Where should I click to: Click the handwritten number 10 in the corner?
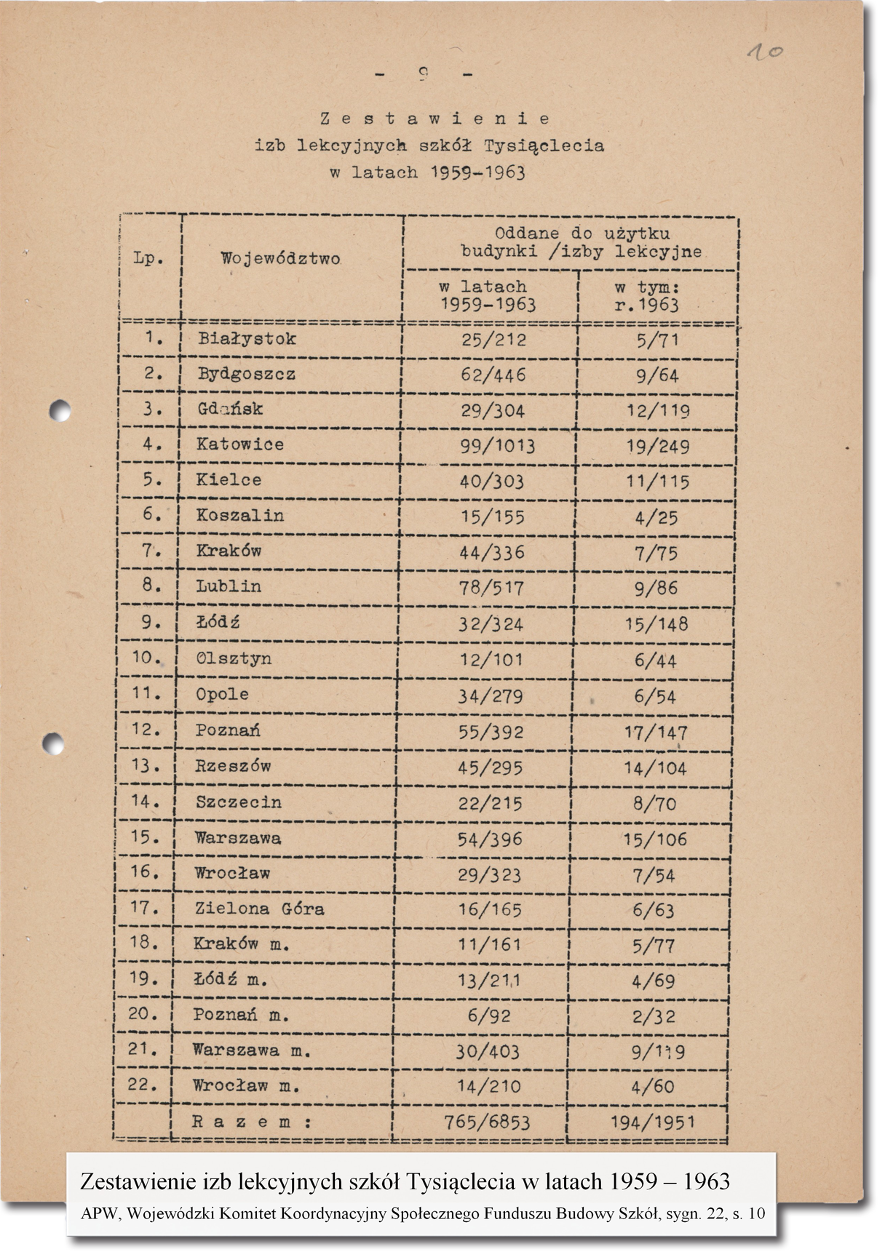(x=765, y=52)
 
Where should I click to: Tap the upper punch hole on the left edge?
(x=60, y=411)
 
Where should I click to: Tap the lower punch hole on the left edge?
(x=53, y=743)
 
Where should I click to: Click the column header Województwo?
(x=281, y=258)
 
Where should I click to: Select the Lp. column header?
(x=148, y=258)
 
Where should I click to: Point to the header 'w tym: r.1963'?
(x=647, y=296)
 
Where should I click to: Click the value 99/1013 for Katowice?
(x=498, y=445)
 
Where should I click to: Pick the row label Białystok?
(x=247, y=338)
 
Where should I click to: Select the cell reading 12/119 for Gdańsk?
(x=658, y=411)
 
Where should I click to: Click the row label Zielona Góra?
(x=259, y=909)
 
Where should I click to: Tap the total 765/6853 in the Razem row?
(x=487, y=1122)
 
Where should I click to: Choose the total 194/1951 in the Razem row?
(x=653, y=1122)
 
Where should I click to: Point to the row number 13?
(x=146, y=765)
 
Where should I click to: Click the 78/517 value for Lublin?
(x=492, y=588)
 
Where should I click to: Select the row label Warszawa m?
(x=252, y=1050)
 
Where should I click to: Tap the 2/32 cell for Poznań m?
(x=654, y=1016)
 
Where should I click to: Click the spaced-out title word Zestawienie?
(x=434, y=119)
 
